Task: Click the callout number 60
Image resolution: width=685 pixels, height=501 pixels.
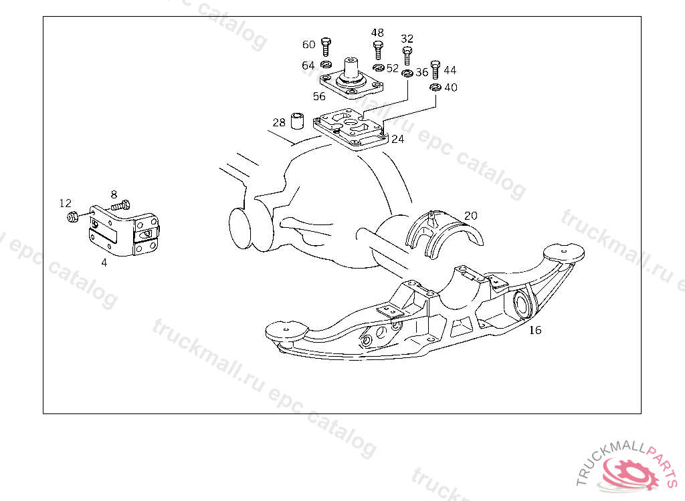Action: (x=308, y=45)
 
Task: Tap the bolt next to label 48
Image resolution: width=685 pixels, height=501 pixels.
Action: (x=379, y=50)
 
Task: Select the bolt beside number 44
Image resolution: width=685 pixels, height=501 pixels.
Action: (x=435, y=69)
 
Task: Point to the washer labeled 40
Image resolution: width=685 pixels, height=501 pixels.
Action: (x=435, y=88)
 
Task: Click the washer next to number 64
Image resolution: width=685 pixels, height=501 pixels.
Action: (x=326, y=65)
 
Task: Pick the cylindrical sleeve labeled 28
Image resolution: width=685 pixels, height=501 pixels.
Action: (x=298, y=120)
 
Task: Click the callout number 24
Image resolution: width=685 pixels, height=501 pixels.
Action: (x=397, y=139)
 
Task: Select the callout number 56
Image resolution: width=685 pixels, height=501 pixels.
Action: (x=319, y=96)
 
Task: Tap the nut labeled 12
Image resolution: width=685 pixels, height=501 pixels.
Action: (x=74, y=216)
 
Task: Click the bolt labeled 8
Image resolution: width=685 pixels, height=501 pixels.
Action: (x=120, y=205)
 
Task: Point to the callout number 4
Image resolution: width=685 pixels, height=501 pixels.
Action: (x=104, y=263)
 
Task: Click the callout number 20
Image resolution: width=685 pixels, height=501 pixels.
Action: (x=471, y=216)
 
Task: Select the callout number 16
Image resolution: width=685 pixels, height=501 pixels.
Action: (x=535, y=331)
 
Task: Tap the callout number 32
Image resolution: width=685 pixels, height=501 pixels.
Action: (x=407, y=39)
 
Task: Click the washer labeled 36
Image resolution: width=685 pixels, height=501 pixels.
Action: (x=407, y=72)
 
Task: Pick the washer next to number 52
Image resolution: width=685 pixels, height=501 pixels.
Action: (x=379, y=67)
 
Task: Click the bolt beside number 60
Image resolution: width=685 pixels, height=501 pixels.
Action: (x=326, y=47)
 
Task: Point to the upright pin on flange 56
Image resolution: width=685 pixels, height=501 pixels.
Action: (x=351, y=69)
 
